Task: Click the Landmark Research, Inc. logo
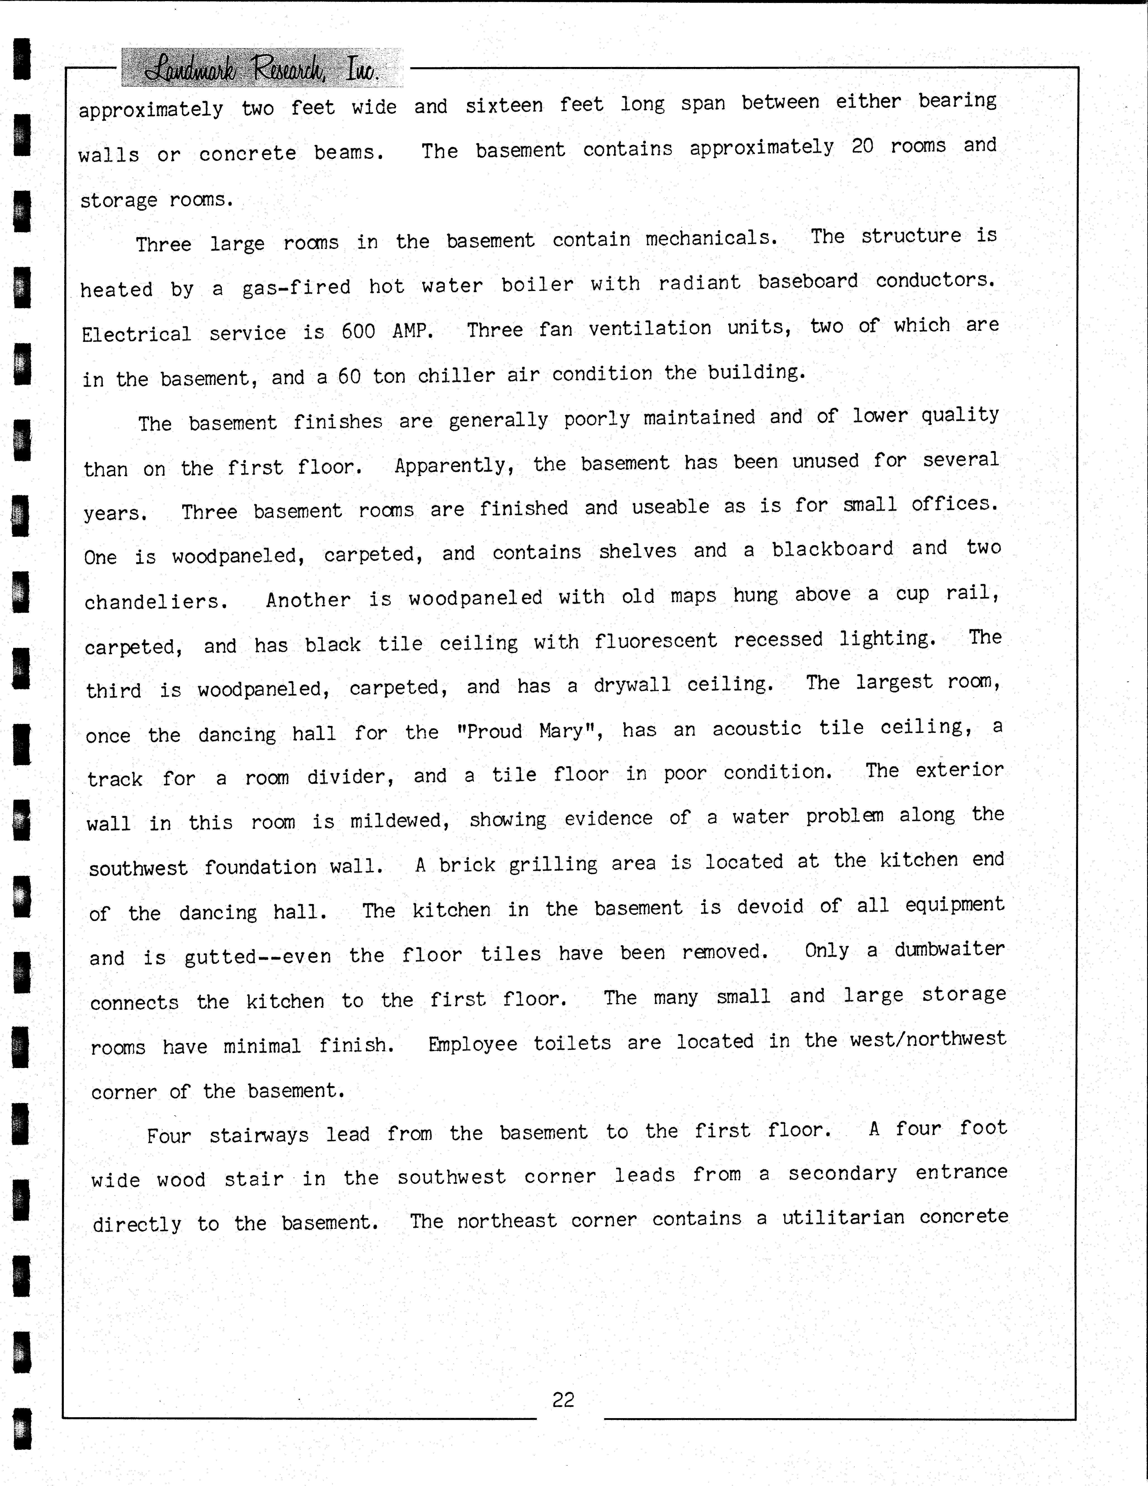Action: pyautogui.click(x=262, y=68)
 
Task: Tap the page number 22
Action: pyautogui.click(x=563, y=1400)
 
